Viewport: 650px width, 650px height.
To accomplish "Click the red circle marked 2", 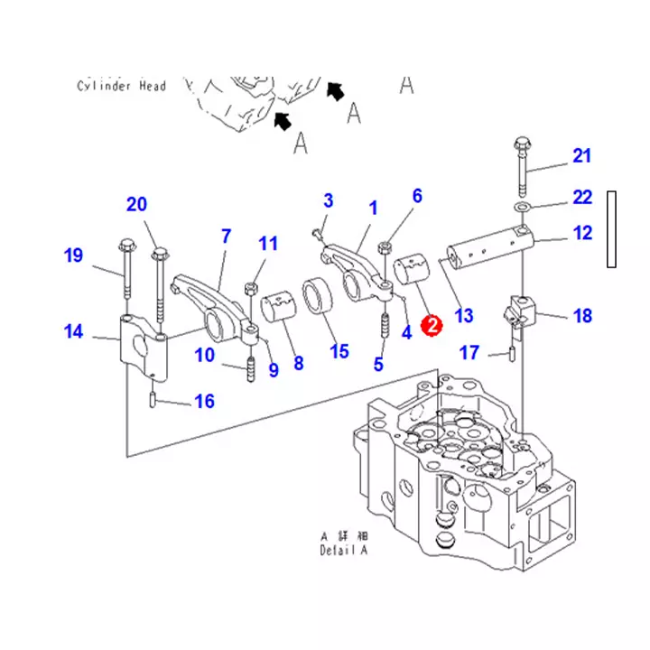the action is click(x=432, y=325).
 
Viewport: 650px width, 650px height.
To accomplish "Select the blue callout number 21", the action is click(x=581, y=156).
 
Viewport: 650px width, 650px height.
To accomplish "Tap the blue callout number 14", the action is click(x=73, y=331).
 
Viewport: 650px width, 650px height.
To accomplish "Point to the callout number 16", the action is click(x=204, y=401).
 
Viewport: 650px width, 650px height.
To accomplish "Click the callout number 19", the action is click(x=73, y=255).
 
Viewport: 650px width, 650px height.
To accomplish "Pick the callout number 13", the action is click(x=464, y=316).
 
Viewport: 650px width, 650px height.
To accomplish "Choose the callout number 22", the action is click(x=582, y=198).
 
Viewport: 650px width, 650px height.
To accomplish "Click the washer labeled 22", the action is click(x=522, y=206).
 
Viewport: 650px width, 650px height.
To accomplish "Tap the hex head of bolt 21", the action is click(x=523, y=144).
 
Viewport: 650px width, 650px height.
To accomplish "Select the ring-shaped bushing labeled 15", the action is click(x=319, y=296).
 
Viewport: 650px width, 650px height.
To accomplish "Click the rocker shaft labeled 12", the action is click(x=490, y=247).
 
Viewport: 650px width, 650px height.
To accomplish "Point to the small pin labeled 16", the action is click(x=153, y=400).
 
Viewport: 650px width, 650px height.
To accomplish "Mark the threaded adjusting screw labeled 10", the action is click(x=250, y=369).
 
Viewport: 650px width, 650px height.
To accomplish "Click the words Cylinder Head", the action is click(x=122, y=86).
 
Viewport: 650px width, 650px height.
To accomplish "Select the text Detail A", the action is click(x=344, y=550).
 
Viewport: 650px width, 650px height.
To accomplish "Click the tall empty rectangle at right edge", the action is click(x=611, y=229).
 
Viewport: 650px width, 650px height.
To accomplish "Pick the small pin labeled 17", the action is click(x=513, y=355).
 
